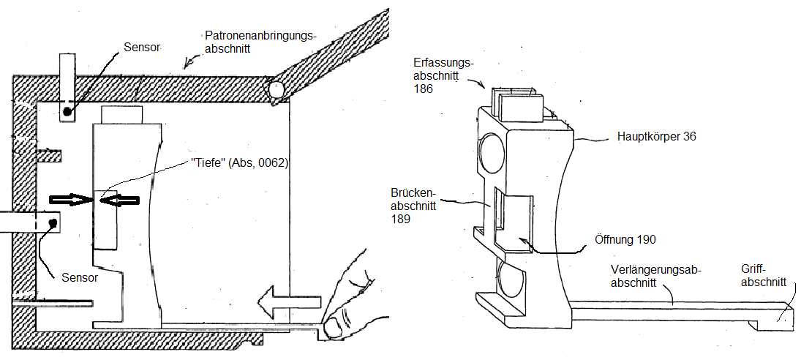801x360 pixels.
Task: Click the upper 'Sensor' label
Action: point(141,47)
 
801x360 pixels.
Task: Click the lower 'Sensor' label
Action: point(79,278)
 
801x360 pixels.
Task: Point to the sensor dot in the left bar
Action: point(52,222)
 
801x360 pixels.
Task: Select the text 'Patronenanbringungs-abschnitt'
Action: point(261,42)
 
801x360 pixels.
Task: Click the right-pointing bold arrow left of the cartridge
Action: point(71,200)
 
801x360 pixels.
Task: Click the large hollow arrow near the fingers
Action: point(289,301)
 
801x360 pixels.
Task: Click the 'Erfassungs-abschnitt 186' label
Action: point(443,76)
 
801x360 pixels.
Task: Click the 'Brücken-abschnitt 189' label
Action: point(413,206)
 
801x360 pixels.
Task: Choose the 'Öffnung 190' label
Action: point(625,239)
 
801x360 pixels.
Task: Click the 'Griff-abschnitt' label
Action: point(764,276)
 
